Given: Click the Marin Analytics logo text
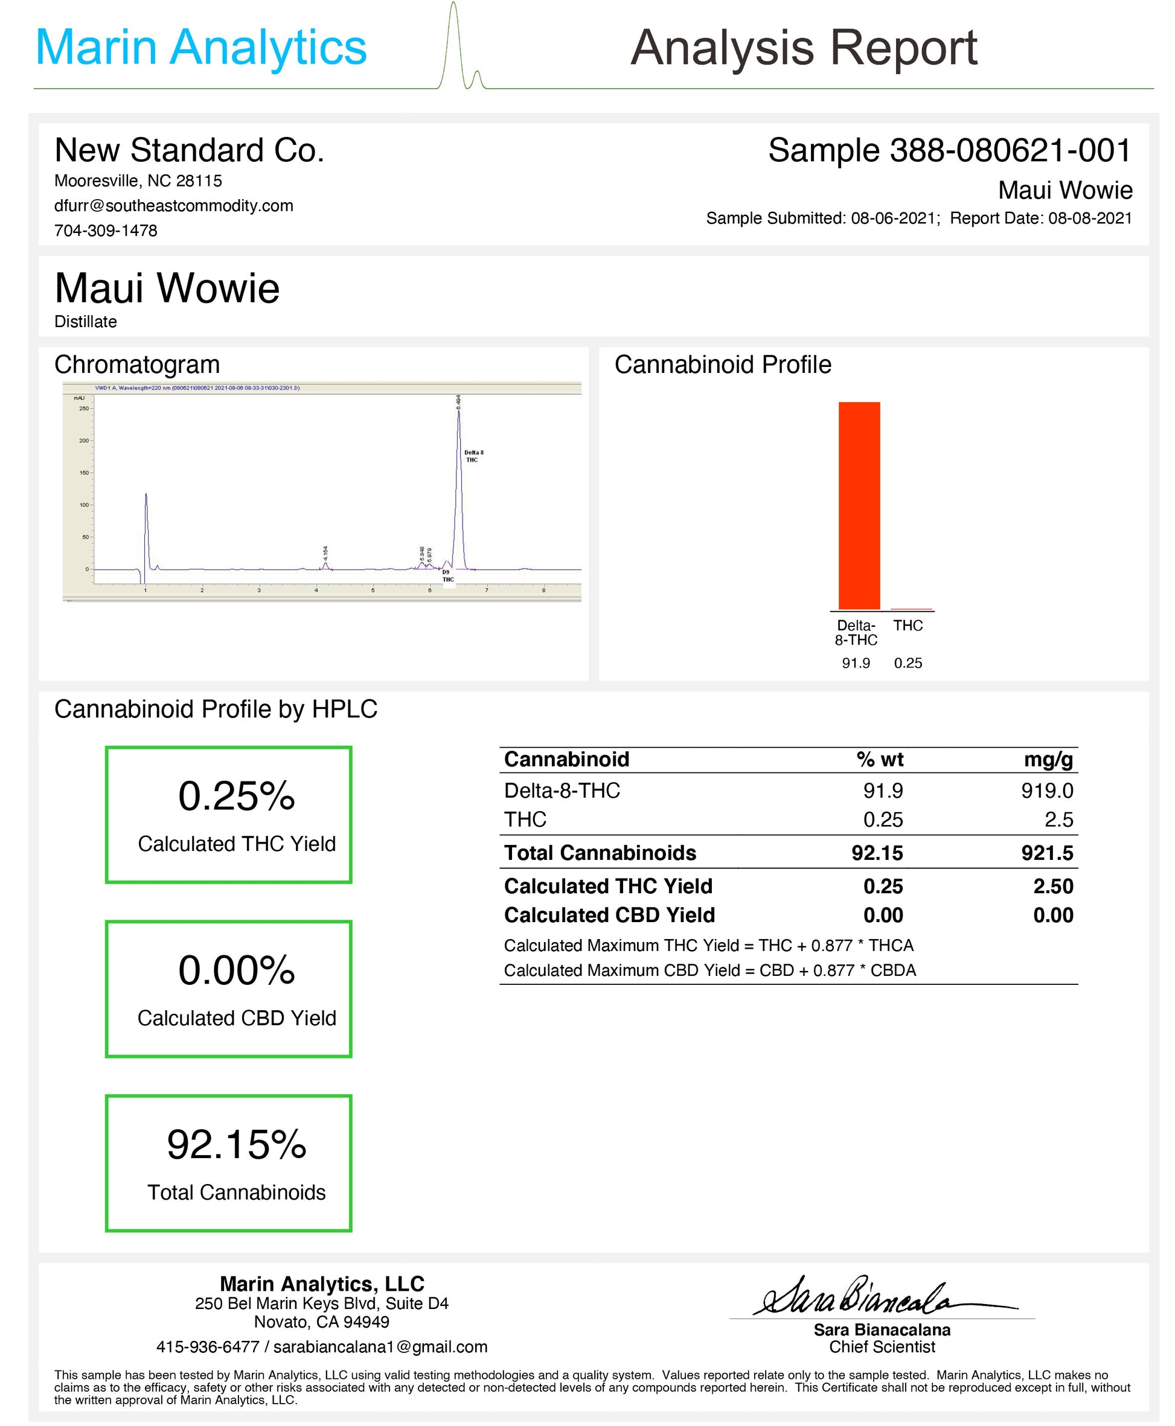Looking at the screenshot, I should click(201, 47).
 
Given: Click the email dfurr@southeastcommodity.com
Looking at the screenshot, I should click(173, 206).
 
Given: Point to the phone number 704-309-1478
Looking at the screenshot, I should click(106, 231).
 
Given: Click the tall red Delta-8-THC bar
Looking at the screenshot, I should click(859, 505).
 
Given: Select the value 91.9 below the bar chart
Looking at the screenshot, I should click(856, 663).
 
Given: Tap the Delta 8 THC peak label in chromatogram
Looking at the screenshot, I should click(473, 456).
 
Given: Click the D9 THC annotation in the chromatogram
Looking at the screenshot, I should click(447, 576).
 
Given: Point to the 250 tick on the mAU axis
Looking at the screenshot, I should click(84, 409).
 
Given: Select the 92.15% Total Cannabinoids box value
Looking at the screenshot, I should click(236, 1145).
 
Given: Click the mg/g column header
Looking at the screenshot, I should click(1048, 760).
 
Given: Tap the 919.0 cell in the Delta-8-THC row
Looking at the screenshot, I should click(1046, 790).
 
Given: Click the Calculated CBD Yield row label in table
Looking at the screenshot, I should click(609, 915).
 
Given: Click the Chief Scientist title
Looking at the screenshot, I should click(882, 1347).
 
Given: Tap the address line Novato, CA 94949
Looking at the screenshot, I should click(321, 1322).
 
